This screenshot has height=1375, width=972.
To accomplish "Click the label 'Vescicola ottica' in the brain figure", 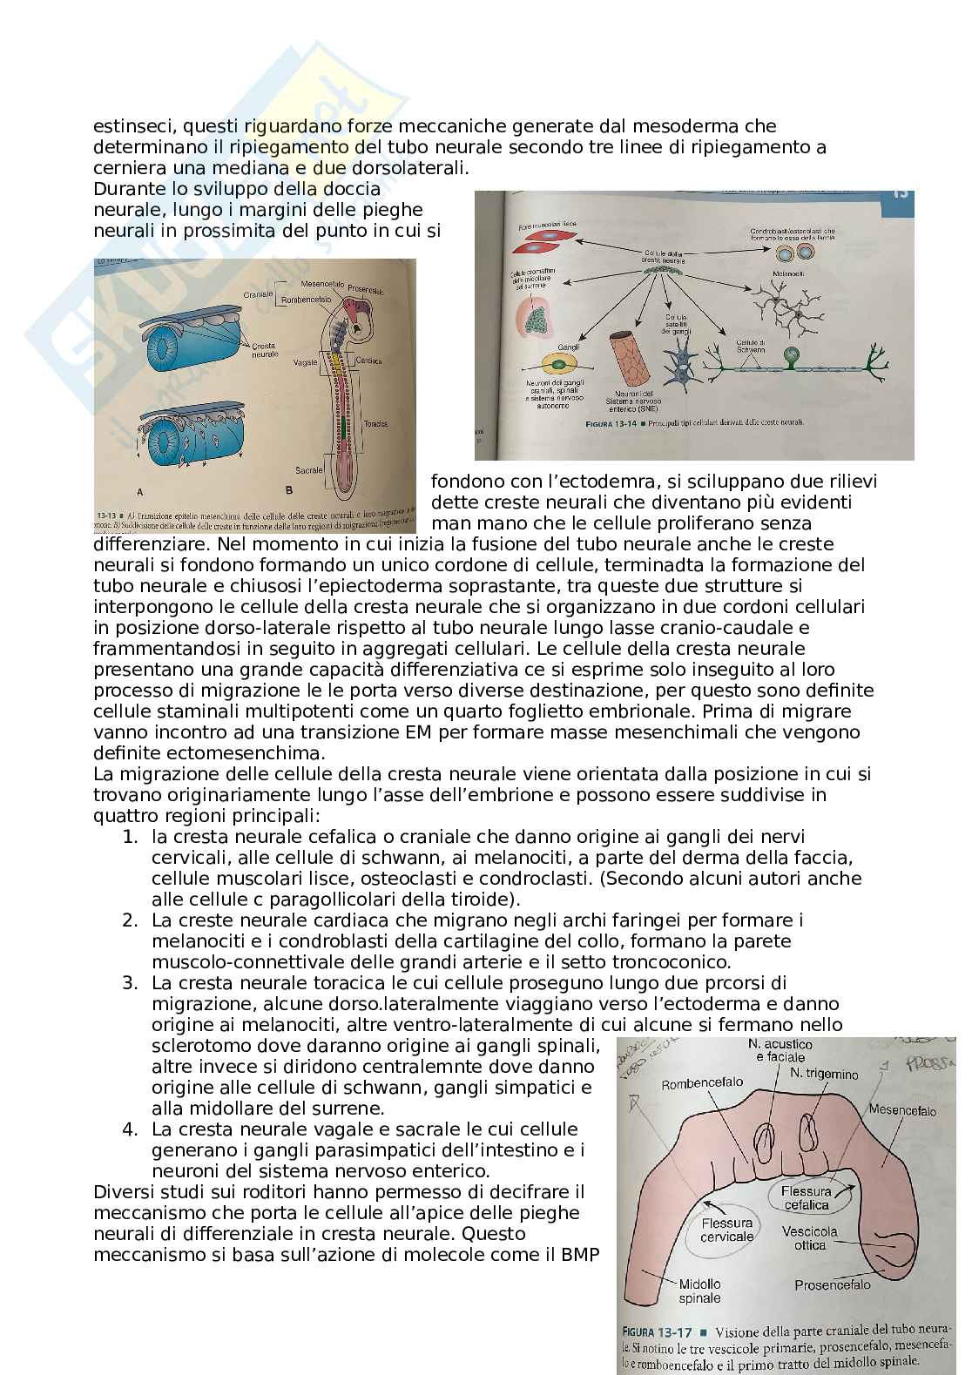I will coord(809,1237).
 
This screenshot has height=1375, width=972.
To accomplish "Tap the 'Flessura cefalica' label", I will coord(806,1197).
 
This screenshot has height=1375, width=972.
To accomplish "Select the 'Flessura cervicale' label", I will coord(726,1230).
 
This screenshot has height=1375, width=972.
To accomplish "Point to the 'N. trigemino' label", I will coord(823,1074).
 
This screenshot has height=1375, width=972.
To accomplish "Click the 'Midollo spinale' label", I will coord(699,1291).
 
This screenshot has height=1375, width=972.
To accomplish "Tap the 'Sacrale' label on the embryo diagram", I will coord(308,469).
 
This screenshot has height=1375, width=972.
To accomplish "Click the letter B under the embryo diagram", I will coord(288,489).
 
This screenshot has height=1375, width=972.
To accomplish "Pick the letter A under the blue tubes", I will coord(139,491).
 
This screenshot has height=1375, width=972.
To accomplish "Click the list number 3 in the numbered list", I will coord(130,983).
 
